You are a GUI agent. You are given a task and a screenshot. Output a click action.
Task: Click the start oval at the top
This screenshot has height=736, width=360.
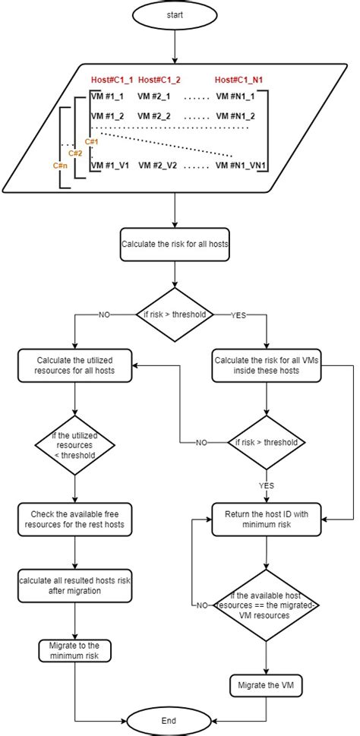[175, 14]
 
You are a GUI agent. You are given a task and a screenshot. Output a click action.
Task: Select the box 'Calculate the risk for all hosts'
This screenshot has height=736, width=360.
[175, 245]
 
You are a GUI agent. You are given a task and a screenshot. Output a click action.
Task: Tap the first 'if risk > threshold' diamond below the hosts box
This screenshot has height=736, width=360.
[175, 314]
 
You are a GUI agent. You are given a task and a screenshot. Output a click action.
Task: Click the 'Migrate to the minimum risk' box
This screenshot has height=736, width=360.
[74, 650]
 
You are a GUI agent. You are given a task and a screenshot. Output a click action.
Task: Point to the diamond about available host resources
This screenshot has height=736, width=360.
[266, 605]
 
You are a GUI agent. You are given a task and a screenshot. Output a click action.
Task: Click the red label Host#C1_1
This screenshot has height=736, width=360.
[112, 80]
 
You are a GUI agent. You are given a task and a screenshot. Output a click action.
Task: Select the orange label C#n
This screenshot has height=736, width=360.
[58, 164]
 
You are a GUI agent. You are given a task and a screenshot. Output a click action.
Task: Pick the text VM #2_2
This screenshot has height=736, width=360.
[154, 115]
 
